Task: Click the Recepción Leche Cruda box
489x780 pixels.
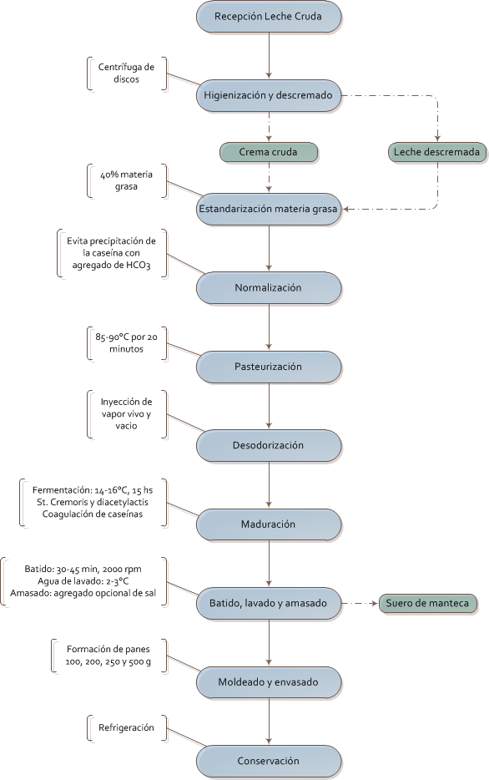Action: [x=269, y=17]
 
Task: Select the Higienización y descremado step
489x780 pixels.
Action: [x=269, y=95]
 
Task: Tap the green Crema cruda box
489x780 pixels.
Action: [x=269, y=152]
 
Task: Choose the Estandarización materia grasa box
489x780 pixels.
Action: [x=269, y=209]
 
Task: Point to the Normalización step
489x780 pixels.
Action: [x=269, y=287]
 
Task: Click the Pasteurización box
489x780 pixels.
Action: [x=269, y=366]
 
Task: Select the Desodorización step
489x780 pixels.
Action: [x=269, y=445]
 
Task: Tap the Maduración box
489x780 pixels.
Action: [x=269, y=524]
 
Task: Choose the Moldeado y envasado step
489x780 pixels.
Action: [x=269, y=681]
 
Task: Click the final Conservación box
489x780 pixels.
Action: [x=269, y=761]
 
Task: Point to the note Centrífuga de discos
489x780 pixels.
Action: [x=128, y=73]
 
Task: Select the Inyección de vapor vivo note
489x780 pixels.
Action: [x=127, y=413]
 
